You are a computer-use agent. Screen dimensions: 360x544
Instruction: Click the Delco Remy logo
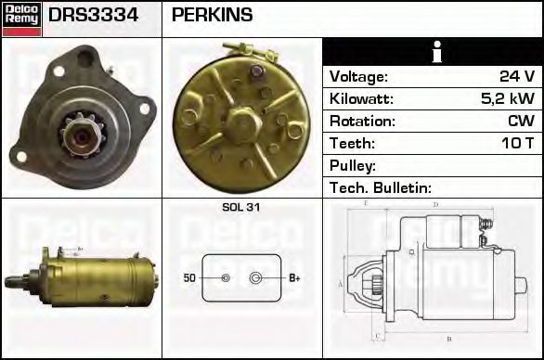21,19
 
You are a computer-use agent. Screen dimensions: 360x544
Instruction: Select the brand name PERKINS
212,16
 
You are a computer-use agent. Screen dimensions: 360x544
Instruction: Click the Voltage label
358,76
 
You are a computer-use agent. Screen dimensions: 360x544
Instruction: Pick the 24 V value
516,76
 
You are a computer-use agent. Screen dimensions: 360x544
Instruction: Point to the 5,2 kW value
510,98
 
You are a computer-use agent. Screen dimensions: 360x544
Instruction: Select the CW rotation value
521,121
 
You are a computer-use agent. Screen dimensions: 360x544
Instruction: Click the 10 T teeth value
516,143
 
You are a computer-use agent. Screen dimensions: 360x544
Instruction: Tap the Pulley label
352,165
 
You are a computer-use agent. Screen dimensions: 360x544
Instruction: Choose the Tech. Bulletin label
380,187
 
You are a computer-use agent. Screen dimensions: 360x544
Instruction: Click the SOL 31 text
240,208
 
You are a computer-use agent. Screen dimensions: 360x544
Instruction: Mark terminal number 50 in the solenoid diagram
189,277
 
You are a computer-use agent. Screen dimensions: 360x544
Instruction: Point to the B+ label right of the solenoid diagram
293,277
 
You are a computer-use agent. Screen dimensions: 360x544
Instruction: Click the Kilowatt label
362,98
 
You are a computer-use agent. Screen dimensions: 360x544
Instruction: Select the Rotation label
362,121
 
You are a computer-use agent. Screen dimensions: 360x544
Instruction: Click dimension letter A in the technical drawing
341,284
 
